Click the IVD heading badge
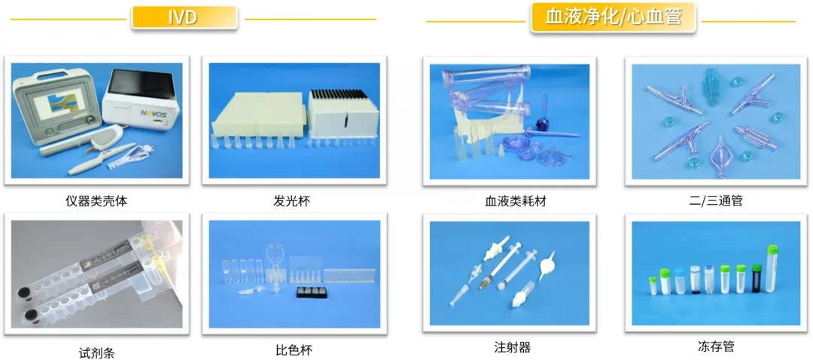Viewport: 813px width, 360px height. (x=184, y=17)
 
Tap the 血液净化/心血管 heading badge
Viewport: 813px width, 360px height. (x=613, y=18)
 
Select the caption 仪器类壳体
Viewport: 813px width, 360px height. (x=96, y=201)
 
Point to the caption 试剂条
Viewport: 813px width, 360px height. (x=96, y=353)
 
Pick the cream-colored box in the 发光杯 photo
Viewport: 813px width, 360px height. (x=256, y=113)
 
